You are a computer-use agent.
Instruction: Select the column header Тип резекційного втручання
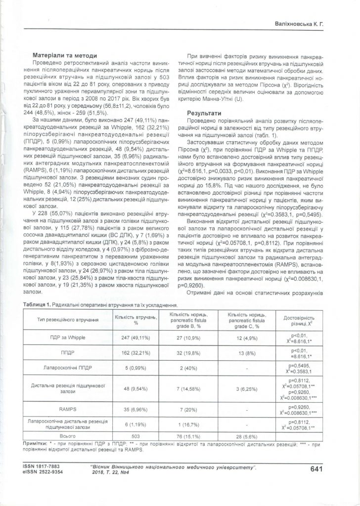(x=67, y=321)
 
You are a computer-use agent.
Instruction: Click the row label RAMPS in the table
(x=68, y=410)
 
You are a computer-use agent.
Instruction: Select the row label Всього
(x=68, y=436)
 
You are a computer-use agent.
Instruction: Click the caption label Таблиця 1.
(x=35, y=306)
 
